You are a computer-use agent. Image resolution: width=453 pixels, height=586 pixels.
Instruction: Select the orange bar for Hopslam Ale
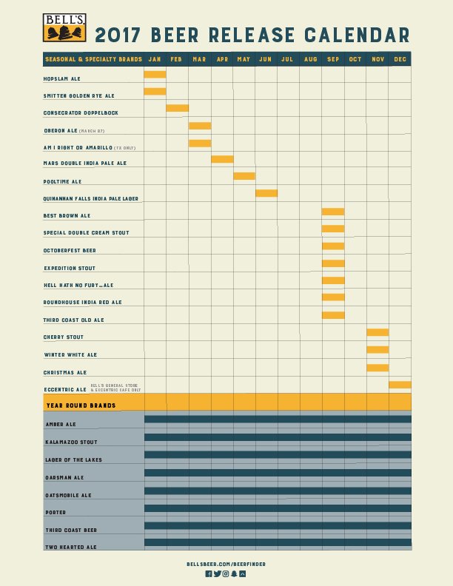(155, 74)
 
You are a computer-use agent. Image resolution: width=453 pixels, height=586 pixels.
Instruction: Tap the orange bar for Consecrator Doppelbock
(178, 108)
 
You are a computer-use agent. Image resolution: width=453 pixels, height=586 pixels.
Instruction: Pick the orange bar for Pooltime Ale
(244, 176)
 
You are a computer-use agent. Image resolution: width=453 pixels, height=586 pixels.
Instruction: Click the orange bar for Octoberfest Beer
(333, 246)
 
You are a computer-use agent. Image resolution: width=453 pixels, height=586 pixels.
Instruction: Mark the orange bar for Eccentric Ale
(400, 385)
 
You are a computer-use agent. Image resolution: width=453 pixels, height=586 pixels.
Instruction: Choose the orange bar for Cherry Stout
(377, 332)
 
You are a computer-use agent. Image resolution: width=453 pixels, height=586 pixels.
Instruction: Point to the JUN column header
(266, 59)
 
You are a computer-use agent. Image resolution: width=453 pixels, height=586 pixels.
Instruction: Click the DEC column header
(400, 59)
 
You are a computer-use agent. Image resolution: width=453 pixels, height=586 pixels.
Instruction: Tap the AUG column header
(311, 59)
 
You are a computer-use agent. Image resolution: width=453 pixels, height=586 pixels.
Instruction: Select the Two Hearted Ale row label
(70, 547)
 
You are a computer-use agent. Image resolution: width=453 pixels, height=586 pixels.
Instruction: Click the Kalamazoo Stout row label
(70, 442)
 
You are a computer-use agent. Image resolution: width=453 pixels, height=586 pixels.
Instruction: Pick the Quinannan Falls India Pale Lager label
(91, 198)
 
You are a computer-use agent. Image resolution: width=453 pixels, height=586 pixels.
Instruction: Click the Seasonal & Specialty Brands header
(93, 59)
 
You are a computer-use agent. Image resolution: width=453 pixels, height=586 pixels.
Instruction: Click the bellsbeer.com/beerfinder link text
(226, 564)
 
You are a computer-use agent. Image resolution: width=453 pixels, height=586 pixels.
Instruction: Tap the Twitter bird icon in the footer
(217, 573)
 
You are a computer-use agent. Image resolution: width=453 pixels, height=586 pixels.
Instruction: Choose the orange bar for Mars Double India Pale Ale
(222, 159)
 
